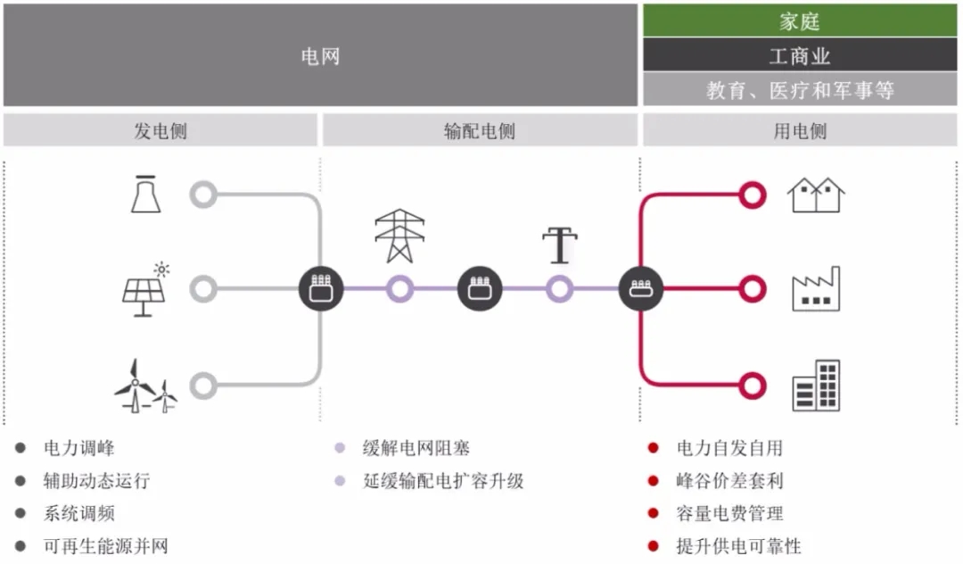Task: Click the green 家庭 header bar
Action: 800,21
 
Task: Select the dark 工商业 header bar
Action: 800,55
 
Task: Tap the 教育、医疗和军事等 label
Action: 800,90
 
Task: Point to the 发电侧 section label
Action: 160,131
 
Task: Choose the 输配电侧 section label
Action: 480,131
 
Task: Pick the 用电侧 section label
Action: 800,131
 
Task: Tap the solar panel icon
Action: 145,289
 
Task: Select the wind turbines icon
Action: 145,386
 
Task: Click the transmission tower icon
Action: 399,236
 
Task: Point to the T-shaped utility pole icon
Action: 560,245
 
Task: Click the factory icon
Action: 816,289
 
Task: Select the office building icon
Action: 816,386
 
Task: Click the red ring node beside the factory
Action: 753,289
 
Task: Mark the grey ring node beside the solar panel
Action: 204,289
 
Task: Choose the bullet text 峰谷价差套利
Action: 729,481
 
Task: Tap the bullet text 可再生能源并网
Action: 105,546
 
